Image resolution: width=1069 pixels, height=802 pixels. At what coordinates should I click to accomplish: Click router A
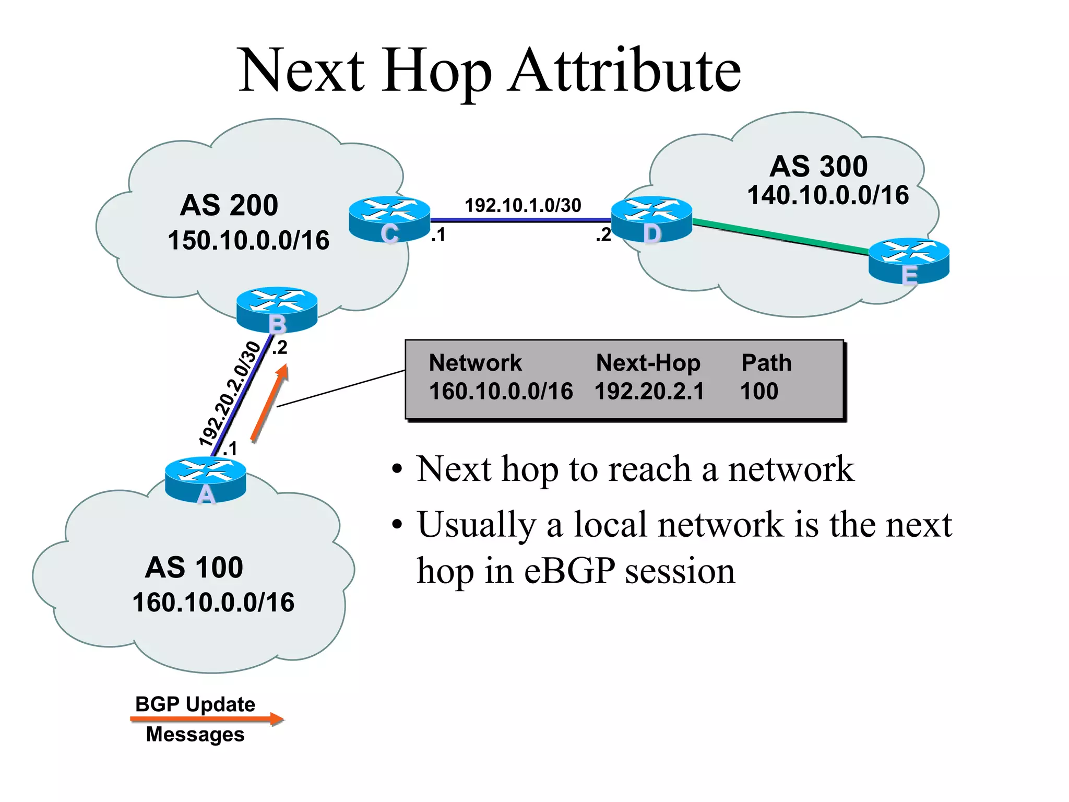205,479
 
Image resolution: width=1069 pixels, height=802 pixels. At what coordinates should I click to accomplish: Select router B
277,309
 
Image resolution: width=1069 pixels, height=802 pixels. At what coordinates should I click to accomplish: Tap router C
389,219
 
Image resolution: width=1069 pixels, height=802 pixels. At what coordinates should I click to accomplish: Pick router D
651,219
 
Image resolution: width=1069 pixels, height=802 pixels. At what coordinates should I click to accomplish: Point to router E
909,261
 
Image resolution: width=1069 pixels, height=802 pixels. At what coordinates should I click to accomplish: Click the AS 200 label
229,205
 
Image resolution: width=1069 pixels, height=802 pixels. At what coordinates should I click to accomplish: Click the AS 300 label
818,166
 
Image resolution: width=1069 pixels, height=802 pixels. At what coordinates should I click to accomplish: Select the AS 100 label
194,567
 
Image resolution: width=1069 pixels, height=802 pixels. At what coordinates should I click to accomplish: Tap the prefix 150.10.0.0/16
248,241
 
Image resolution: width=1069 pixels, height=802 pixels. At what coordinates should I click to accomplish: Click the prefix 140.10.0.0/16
828,195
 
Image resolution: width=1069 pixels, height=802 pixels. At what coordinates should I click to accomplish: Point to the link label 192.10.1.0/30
522,205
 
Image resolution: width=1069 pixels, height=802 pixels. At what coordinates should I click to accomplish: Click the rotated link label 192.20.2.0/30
230,394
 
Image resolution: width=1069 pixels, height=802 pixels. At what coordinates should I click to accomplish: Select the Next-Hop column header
648,363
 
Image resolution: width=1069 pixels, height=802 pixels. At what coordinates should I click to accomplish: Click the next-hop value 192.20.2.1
649,391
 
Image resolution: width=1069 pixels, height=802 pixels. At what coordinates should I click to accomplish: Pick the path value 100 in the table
759,391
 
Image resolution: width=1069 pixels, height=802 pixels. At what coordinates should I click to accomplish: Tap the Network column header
475,363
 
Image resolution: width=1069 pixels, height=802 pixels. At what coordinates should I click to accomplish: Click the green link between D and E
780,237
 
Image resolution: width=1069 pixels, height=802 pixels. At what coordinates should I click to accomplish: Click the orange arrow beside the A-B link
269,403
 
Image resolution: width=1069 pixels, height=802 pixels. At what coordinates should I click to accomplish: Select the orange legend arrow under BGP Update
207,720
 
